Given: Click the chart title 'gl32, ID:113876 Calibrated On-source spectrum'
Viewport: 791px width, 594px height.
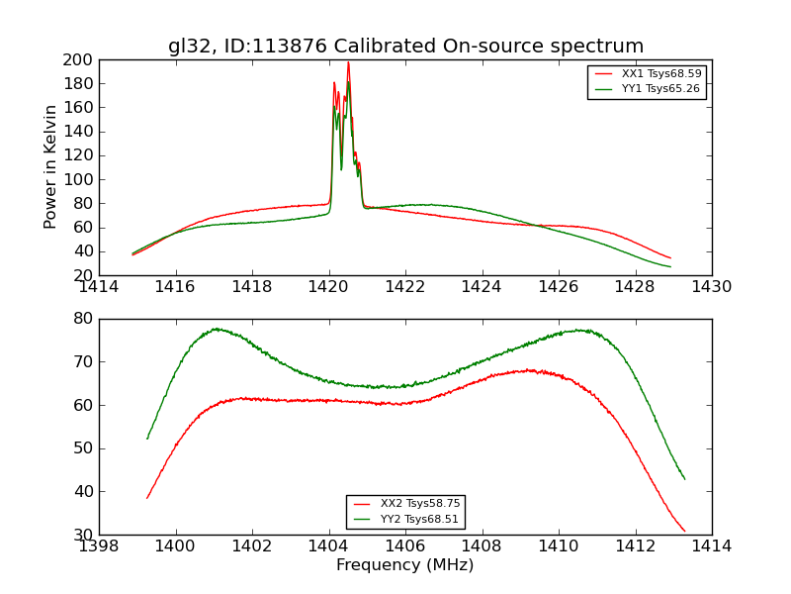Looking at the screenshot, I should pyautogui.click(x=405, y=47).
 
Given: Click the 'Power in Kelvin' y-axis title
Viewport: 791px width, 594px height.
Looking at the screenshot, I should pyautogui.click(x=50, y=167).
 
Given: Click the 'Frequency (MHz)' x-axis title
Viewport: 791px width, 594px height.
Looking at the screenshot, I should pyautogui.click(x=405, y=565).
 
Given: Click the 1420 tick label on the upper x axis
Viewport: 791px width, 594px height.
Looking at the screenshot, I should pyautogui.click(x=329, y=286).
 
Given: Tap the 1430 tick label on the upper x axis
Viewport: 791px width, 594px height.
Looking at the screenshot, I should pyautogui.click(x=711, y=286).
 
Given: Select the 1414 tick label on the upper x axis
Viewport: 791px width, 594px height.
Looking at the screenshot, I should pyautogui.click(x=99, y=286).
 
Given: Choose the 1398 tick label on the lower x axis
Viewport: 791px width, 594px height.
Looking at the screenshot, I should pyautogui.click(x=99, y=545).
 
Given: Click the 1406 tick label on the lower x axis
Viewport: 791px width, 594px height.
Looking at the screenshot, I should pyautogui.click(x=405, y=545).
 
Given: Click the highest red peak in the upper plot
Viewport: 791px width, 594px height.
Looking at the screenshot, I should pyautogui.click(x=348, y=62).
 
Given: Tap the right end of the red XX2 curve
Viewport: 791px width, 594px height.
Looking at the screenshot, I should pyautogui.click(x=684, y=532).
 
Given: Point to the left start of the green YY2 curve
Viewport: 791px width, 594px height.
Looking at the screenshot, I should pyautogui.click(x=147, y=439).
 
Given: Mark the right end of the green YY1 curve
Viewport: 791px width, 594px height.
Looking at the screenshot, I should pyautogui.click(x=670, y=266).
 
